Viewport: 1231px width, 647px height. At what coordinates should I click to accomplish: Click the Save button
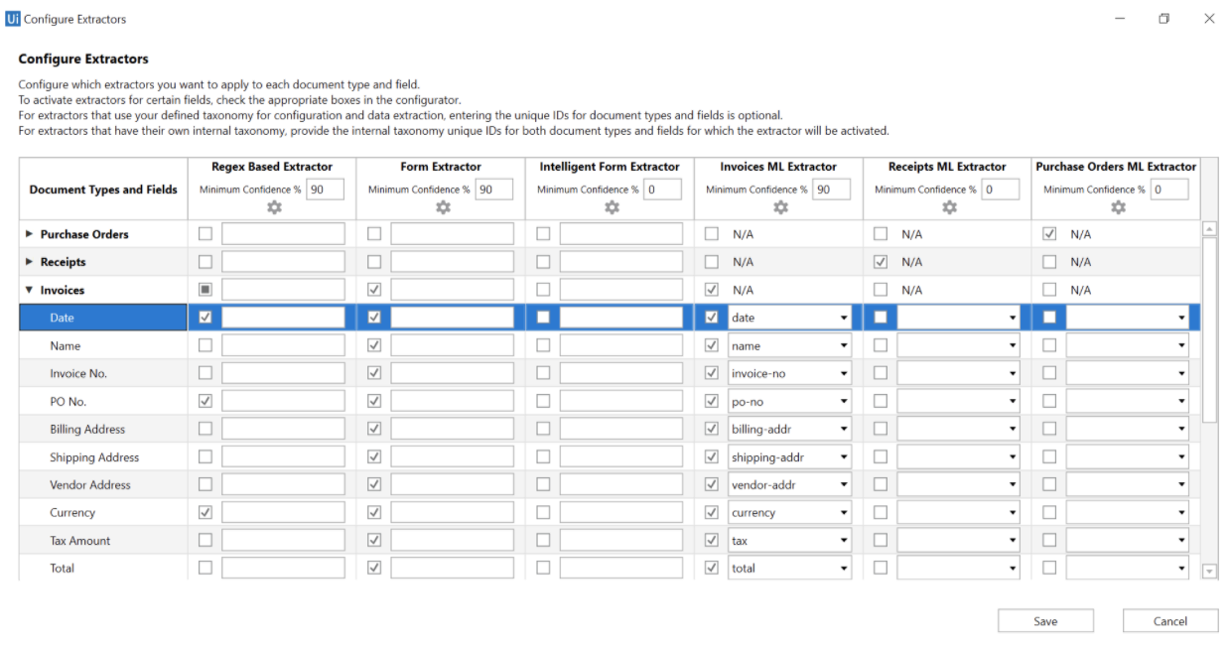[x=1045, y=621]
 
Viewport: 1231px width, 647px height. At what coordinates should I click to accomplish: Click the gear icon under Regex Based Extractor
[x=275, y=207]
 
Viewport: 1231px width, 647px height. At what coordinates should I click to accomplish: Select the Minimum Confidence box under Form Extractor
[x=493, y=190]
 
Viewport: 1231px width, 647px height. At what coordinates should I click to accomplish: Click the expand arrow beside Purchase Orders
[x=29, y=234]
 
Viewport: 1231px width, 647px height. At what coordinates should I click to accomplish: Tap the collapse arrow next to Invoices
[x=29, y=290]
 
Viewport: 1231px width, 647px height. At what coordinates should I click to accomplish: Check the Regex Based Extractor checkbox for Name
[x=205, y=345]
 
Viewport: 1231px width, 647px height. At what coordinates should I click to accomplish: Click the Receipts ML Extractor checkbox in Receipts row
[x=881, y=262]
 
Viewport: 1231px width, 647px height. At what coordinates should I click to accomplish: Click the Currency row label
[x=72, y=513]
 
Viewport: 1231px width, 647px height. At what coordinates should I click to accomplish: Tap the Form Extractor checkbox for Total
[x=374, y=569]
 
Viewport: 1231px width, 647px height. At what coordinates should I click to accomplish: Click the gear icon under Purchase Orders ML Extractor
[x=1119, y=207]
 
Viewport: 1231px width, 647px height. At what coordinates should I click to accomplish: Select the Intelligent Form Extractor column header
[x=610, y=167]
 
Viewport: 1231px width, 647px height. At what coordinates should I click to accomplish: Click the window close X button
[x=1209, y=19]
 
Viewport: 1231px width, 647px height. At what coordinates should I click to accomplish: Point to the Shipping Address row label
[x=94, y=457]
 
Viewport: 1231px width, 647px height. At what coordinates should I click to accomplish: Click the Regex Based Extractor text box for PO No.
[x=283, y=402]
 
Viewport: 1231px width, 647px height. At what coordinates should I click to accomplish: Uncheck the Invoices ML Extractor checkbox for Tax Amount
[x=712, y=541]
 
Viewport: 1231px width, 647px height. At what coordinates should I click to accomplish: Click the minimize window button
[x=1119, y=19]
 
